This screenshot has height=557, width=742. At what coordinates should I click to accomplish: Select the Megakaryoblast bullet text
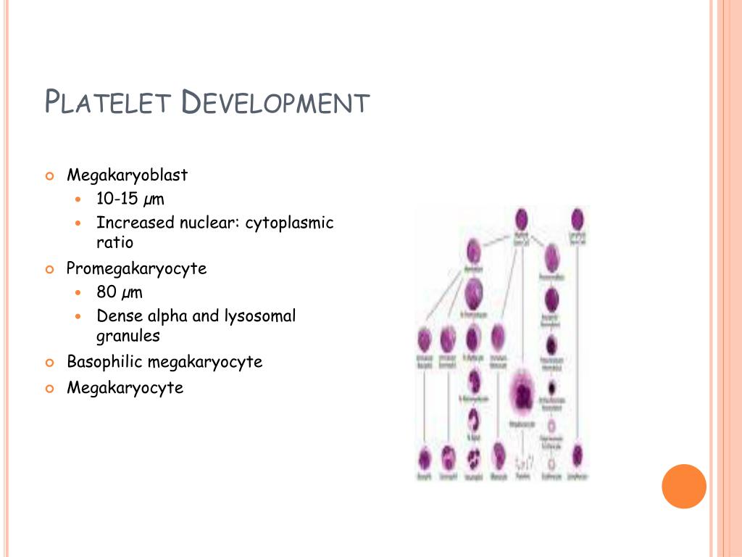(128, 176)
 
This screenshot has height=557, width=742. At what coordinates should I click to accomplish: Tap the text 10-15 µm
(130, 199)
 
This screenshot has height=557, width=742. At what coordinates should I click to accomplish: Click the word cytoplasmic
(289, 223)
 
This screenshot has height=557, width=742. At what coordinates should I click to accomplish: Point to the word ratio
(115, 242)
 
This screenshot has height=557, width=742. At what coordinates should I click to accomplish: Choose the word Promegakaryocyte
(137, 268)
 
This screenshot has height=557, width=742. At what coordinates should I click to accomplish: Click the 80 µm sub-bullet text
(120, 292)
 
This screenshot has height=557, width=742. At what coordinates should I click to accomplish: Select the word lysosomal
(260, 316)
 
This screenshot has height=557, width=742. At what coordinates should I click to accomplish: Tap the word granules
(128, 336)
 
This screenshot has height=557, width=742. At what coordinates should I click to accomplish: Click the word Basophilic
(106, 361)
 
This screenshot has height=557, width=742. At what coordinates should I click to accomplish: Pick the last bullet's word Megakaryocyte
(125, 388)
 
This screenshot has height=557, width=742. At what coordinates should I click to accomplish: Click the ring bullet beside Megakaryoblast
(50, 176)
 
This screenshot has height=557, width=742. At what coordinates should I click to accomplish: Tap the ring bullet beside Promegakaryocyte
(50, 269)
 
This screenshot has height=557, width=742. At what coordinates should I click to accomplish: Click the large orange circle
(684, 486)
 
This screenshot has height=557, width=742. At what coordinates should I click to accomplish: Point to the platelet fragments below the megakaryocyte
(523, 461)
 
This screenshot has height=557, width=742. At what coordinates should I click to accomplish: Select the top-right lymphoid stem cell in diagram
(578, 219)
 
